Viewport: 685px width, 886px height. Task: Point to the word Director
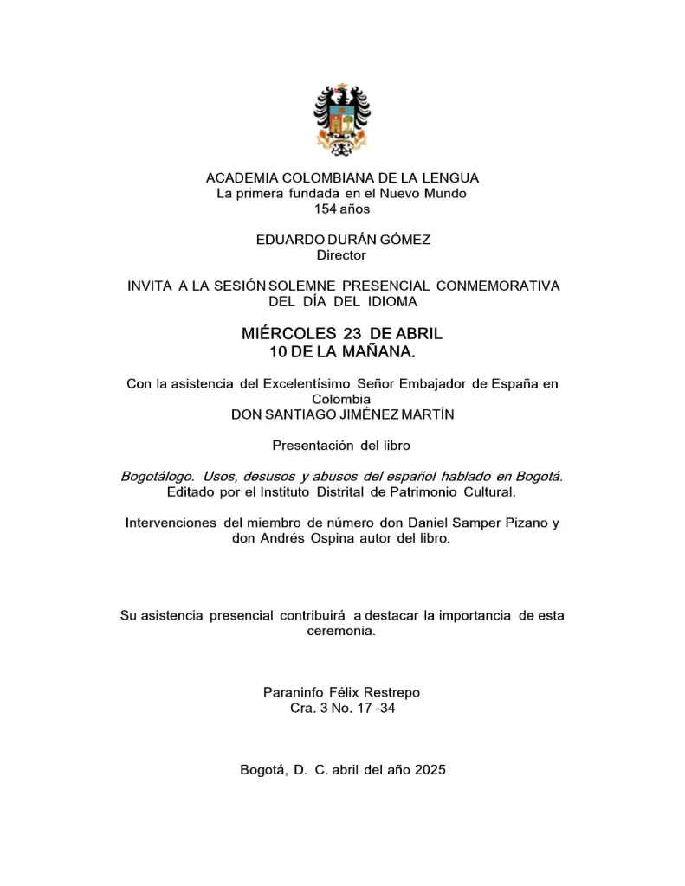[341, 255]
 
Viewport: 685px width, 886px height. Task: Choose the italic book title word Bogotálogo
[157, 477]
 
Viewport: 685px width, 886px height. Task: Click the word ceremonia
[341, 631]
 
